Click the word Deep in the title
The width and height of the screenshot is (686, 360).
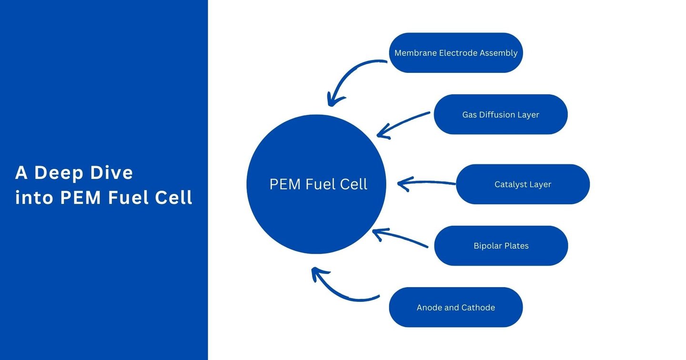(60, 173)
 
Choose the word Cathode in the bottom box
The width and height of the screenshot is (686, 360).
(478, 308)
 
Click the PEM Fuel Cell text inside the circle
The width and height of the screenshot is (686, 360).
(318, 184)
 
